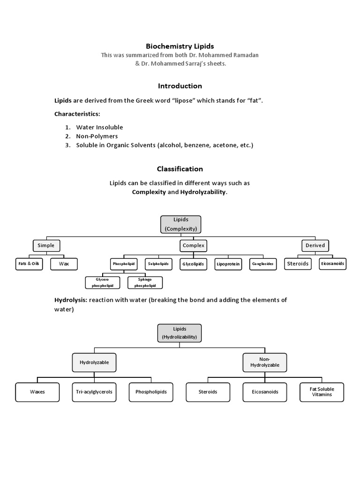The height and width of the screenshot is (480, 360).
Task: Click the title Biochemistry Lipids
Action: tap(180, 46)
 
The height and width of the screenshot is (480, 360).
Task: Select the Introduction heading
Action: tap(180, 86)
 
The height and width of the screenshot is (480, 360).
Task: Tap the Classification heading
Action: tap(180, 169)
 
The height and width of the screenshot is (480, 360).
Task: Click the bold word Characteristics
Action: tap(77, 114)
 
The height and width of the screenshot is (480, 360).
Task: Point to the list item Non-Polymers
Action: tap(97, 136)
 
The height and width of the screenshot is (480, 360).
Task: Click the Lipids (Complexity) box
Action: tap(180, 225)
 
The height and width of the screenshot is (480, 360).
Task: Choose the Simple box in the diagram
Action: tap(46, 245)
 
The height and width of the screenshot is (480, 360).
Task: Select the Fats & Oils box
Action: tap(29, 264)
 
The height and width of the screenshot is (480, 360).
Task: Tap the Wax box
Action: tap(64, 264)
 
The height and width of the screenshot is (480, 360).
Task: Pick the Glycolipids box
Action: tap(194, 264)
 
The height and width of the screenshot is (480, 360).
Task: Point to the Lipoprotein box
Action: tap(228, 264)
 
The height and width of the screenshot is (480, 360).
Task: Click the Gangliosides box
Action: tap(263, 264)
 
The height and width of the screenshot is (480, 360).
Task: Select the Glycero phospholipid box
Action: tap(103, 282)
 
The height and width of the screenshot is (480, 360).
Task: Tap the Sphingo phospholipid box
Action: tap(145, 282)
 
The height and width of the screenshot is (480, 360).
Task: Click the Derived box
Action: tap(315, 245)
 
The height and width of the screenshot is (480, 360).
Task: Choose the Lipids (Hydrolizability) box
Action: tap(180, 333)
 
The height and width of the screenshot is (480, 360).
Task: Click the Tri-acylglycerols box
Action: tap(94, 392)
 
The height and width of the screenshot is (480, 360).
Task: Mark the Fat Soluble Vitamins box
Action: tap(322, 392)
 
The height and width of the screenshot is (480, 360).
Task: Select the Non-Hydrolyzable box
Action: tap(265, 362)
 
